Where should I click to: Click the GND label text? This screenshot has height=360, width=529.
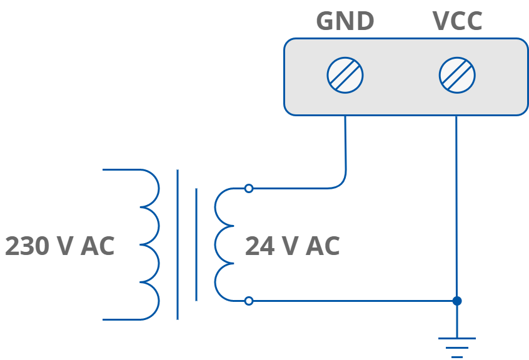pyautogui.click(x=345, y=21)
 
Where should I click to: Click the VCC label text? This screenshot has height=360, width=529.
pyautogui.click(x=457, y=21)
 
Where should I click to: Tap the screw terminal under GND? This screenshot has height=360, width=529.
pyautogui.click(x=345, y=75)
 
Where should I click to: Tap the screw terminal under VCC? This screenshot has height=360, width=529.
pyautogui.click(x=457, y=75)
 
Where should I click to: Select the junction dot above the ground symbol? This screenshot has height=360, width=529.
pyautogui.click(x=457, y=301)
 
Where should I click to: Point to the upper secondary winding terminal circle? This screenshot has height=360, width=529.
pyautogui.click(x=249, y=188)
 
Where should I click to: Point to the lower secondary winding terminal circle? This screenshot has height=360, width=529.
pyautogui.click(x=249, y=301)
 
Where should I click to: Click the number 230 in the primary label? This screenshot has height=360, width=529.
pyautogui.click(x=26, y=246)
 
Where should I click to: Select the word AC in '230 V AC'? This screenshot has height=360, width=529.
pyautogui.click(x=98, y=246)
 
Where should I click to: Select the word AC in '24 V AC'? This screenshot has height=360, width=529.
pyautogui.click(x=323, y=246)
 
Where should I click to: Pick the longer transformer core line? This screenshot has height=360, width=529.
pyautogui.click(x=178, y=244)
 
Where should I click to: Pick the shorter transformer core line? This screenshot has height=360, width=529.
pyautogui.click(x=196, y=244)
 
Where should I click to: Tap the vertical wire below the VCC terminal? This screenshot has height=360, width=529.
pyautogui.click(x=456, y=206)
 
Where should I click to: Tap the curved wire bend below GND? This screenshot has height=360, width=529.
pyautogui.click(x=343, y=182)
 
